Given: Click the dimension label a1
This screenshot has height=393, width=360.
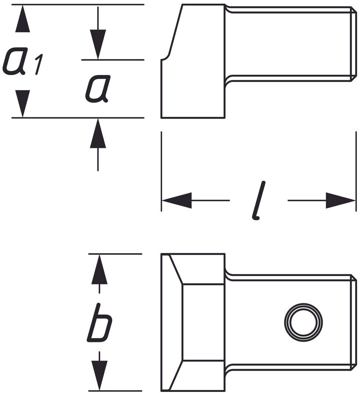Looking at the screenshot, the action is click(x=23, y=62).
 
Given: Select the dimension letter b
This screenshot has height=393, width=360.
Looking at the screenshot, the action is click(x=100, y=322).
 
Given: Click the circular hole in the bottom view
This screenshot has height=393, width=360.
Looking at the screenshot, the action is click(x=303, y=322).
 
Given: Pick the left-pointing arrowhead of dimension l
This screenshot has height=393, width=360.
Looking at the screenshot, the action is click(x=177, y=200).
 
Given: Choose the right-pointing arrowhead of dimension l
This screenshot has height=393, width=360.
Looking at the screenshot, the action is click(x=341, y=200).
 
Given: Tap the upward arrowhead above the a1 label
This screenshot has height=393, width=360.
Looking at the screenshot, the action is click(x=23, y=19).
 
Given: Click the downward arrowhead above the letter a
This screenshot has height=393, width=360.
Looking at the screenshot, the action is click(x=98, y=45).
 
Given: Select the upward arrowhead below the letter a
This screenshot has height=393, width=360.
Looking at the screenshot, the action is click(x=98, y=133).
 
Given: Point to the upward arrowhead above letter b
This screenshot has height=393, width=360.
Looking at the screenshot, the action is click(x=100, y=270).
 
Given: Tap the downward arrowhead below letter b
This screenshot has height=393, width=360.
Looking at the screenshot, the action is click(x=100, y=375).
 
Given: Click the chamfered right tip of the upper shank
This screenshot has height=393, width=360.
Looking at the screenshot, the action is click(x=354, y=43).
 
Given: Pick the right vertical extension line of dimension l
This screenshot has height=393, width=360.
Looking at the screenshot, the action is click(x=356, y=171).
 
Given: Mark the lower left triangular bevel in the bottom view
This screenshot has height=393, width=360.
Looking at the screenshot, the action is click(x=175, y=376).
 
